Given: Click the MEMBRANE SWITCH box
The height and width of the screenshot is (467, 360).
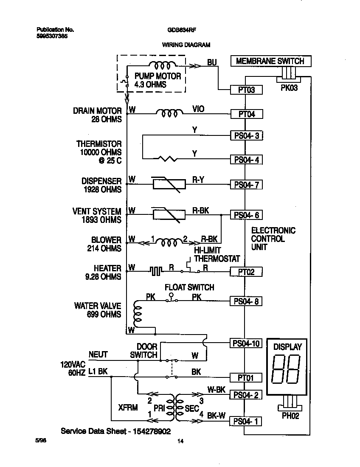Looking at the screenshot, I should (270, 61).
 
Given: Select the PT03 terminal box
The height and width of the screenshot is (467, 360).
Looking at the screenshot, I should (246, 90).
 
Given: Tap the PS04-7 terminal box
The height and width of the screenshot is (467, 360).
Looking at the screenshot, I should (246, 185).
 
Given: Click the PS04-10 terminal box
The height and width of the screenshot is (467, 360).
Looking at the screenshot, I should (246, 343).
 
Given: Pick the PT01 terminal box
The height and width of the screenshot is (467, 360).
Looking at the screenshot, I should (246, 377).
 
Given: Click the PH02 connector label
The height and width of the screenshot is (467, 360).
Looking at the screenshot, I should (290, 416).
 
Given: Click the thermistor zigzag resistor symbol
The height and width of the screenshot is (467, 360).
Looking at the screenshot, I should (168, 159).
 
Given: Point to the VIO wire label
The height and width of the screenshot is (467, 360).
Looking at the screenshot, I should (198, 109).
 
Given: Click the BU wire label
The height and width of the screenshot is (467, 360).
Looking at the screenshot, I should (212, 63).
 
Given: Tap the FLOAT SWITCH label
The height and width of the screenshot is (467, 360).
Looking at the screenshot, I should (189, 287).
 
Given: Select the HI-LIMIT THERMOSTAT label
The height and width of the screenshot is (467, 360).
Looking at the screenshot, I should (217, 255).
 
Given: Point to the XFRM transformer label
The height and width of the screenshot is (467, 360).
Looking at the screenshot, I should (128, 408).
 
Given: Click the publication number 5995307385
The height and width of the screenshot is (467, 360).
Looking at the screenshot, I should (52, 37).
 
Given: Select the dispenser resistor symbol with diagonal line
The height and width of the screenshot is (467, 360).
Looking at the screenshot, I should (169, 184).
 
